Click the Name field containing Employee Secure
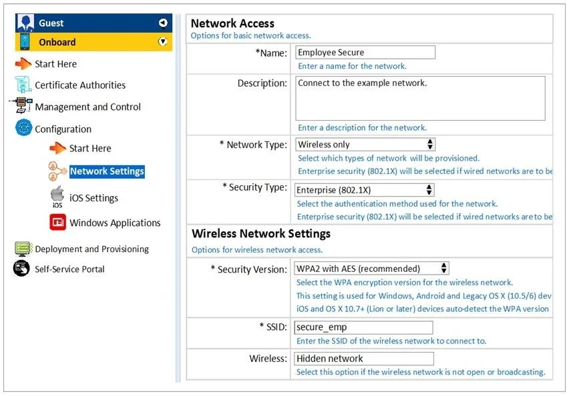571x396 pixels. point(365,53)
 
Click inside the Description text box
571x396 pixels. point(420,98)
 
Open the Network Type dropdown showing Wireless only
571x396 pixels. point(365,145)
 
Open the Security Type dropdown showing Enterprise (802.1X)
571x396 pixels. point(364,190)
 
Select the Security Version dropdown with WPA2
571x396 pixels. point(371,269)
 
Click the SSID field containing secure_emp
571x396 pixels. point(363,327)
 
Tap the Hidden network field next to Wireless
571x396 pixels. point(364,359)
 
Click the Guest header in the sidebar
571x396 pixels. point(93,23)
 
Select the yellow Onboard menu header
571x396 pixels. point(93,42)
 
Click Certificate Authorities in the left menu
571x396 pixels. point(80,85)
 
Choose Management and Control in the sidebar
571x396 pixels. point(87,107)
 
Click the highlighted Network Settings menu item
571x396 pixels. point(107,171)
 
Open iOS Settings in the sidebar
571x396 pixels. point(93,198)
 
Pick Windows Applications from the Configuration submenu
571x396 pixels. point(115,223)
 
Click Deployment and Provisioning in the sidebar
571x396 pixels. point(91,249)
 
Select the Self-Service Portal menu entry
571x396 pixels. point(69,269)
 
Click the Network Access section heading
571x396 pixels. point(232,23)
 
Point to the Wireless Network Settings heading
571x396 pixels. point(261,233)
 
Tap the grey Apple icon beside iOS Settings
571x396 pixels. point(57,196)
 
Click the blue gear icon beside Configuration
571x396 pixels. point(23,127)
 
